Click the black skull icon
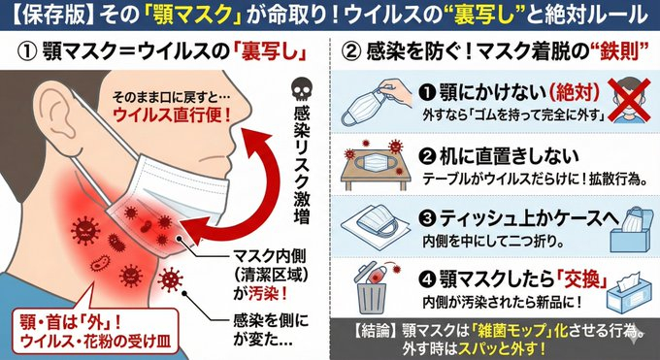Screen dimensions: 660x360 coord(301,90)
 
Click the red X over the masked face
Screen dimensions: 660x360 coord(631,100)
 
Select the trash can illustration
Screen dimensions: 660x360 coord(371,289)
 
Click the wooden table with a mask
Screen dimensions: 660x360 coord(376,166)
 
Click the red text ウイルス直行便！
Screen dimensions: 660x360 coord(172,115)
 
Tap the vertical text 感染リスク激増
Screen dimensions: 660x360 coord(301,165)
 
